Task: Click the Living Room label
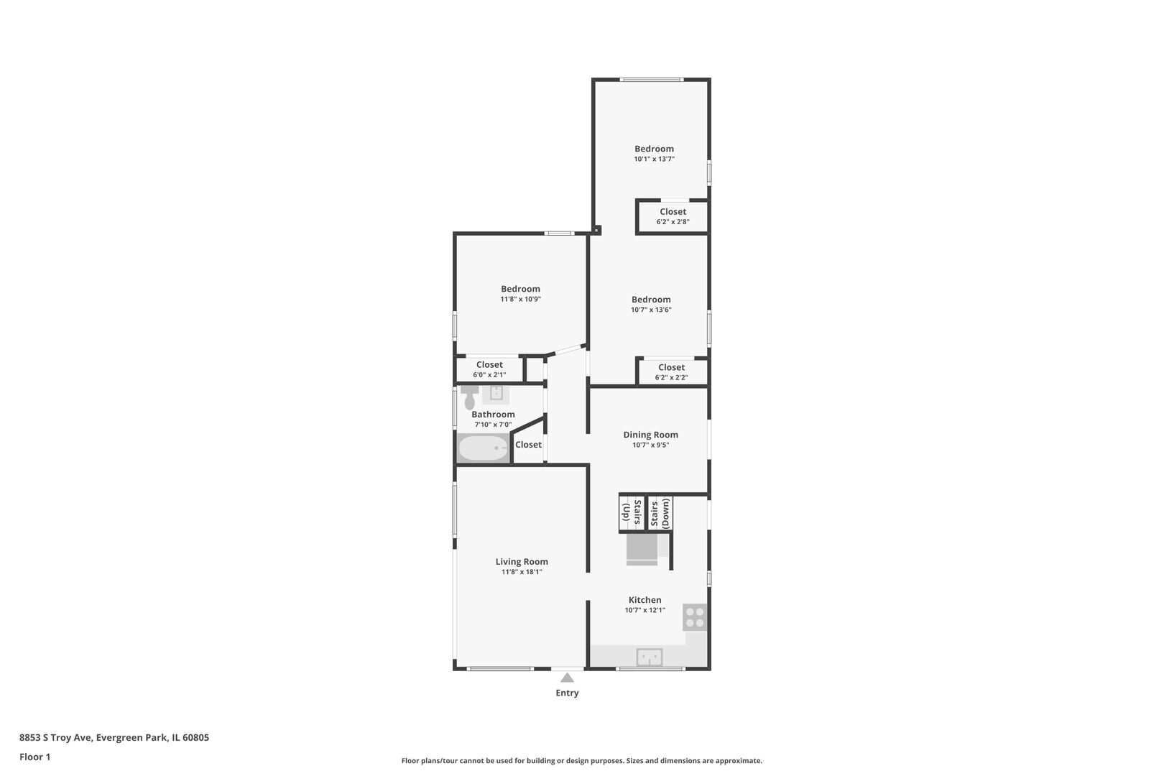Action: tap(522, 561)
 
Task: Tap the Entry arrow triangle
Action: tap(567, 678)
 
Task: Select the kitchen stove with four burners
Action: tap(695, 617)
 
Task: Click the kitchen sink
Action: tap(650, 657)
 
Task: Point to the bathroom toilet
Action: tap(470, 397)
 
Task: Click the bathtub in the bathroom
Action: tap(484, 448)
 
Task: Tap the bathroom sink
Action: tap(496, 394)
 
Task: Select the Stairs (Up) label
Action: tap(632, 514)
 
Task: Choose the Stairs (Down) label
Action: tap(660, 514)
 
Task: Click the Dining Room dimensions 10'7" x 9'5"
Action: tap(650, 445)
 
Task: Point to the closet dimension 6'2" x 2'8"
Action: tap(673, 222)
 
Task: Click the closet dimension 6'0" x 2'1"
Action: tap(489, 375)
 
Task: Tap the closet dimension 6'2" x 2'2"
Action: tap(671, 377)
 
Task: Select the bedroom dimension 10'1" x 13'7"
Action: tap(655, 159)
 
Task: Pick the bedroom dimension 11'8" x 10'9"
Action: tap(521, 299)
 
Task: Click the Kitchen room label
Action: tap(645, 600)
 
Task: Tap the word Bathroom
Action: tap(493, 415)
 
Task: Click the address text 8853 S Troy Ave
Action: tap(56, 737)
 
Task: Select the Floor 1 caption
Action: tap(34, 757)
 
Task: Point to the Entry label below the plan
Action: tap(567, 693)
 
